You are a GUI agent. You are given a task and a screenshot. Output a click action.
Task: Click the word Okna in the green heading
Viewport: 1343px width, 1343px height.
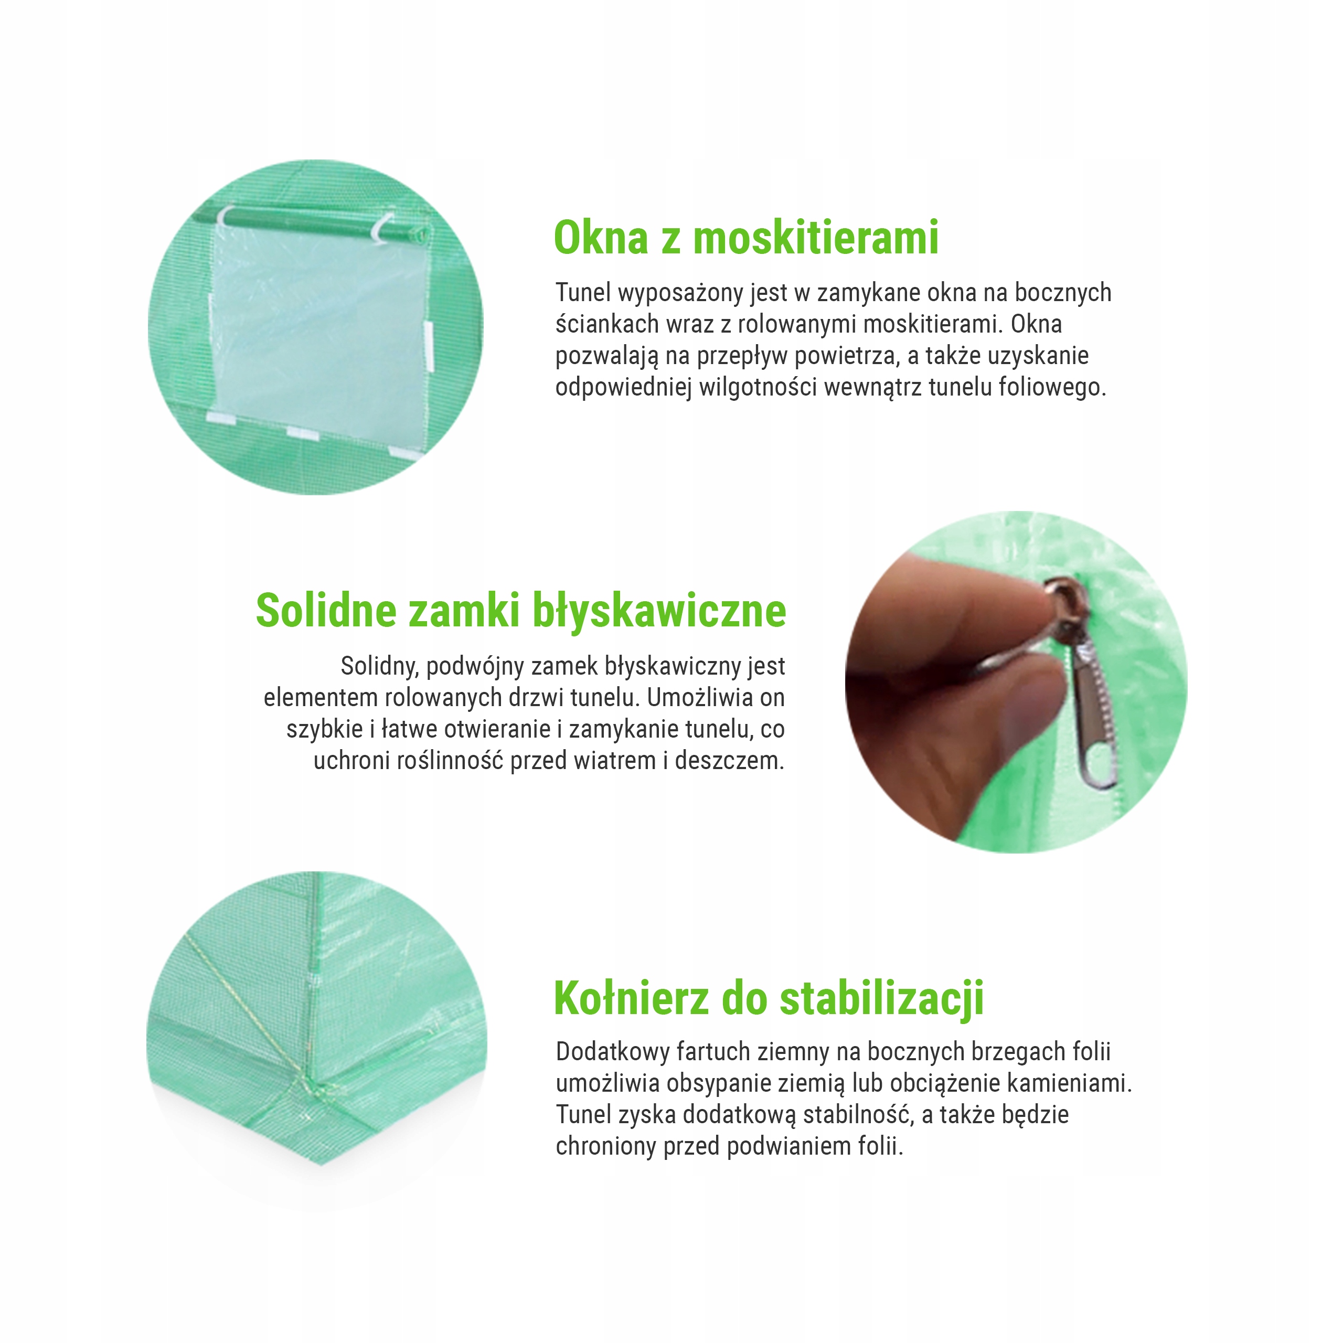point(601,238)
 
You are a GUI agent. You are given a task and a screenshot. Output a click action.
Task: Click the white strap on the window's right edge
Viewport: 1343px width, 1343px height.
point(429,346)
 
